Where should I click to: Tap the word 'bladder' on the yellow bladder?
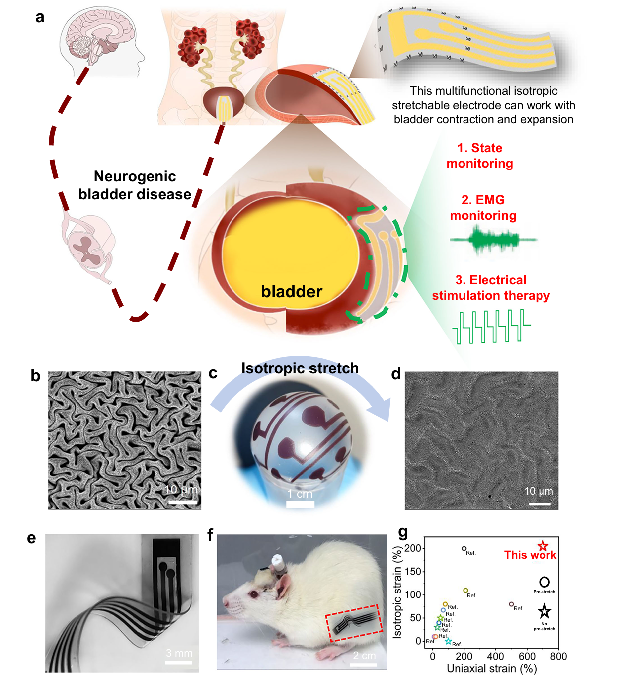(x=292, y=291)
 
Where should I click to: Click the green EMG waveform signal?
(x=492, y=240)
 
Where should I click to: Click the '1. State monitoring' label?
(x=479, y=156)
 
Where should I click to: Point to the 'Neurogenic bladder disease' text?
(x=135, y=185)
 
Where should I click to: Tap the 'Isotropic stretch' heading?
(x=300, y=368)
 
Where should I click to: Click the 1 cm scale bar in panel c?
(x=300, y=505)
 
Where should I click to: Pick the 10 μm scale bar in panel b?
(x=183, y=502)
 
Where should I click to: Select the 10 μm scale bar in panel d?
(x=540, y=504)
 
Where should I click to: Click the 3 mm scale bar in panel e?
(x=178, y=662)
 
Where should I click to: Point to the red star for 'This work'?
(x=543, y=546)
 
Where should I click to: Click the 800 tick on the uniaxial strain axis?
(x=558, y=656)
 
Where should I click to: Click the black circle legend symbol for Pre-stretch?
(x=544, y=582)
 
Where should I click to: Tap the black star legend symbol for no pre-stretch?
(x=544, y=611)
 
